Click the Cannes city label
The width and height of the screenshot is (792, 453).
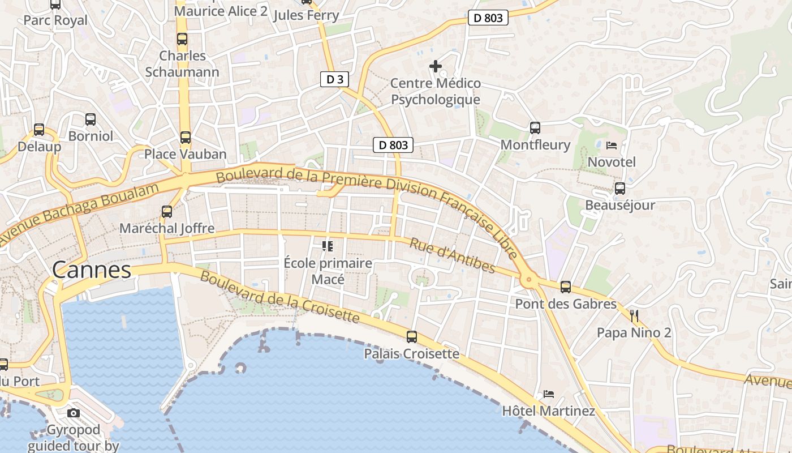click(92, 270)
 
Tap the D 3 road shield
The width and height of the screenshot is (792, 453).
click(335, 79)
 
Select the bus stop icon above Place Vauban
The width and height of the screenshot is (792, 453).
click(185, 137)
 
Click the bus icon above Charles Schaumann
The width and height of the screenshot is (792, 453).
click(182, 39)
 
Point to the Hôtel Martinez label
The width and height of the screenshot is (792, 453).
click(548, 411)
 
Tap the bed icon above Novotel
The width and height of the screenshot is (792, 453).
click(612, 146)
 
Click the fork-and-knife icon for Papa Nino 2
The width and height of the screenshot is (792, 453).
click(634, 315)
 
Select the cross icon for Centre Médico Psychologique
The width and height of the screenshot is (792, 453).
click(435, 67)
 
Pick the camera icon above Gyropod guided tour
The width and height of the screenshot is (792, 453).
click(74, 413)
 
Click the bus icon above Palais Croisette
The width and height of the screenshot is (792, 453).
click(411, 337)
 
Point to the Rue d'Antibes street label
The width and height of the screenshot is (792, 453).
click(452, 256)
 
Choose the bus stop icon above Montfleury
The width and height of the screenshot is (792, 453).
click(535, 128)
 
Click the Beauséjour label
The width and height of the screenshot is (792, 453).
click(619, 205)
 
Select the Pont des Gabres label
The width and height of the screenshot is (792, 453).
click(565, 304)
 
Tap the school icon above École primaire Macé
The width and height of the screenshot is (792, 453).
click(327, 246)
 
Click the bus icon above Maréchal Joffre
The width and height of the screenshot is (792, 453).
click(166, 212)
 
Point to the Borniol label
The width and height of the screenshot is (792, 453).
click(91, 136)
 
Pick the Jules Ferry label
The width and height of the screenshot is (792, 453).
click(306, 15)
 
